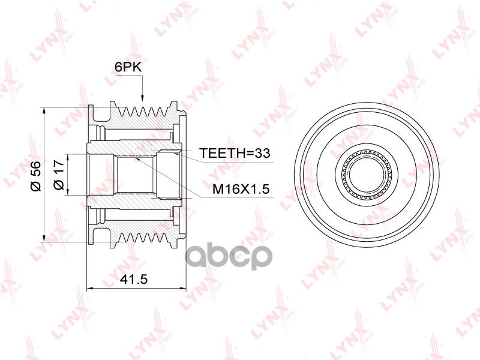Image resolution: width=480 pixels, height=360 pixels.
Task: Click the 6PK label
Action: click(x=128, y=67)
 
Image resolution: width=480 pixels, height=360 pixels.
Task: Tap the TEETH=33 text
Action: click(x=235, y=153)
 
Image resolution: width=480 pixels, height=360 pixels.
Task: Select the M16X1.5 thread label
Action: click(x=241, y=189)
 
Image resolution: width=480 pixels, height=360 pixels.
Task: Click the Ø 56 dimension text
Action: click(x=36, y=176)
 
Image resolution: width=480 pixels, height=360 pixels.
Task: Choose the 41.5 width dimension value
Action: click(x=134, y=278)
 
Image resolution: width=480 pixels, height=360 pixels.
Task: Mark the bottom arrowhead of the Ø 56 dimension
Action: click(x=44, y=238)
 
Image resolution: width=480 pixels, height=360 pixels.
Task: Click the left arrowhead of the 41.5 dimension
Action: click(x=91, y=288)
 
